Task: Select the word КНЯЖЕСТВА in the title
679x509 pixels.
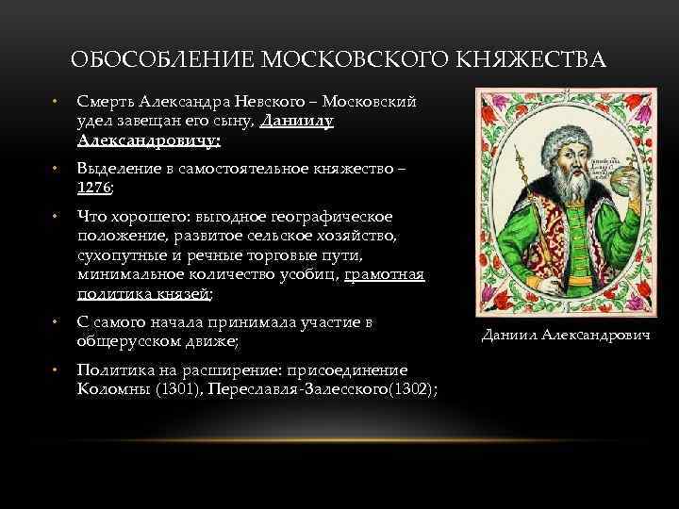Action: pos(532,62)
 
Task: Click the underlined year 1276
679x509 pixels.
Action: pos(94,188)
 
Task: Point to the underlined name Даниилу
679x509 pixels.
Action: pos(297,122)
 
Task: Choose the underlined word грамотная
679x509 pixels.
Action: pos(385,274)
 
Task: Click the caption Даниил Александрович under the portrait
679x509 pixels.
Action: pos(566,335)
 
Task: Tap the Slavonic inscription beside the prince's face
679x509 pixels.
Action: pos(600,170)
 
